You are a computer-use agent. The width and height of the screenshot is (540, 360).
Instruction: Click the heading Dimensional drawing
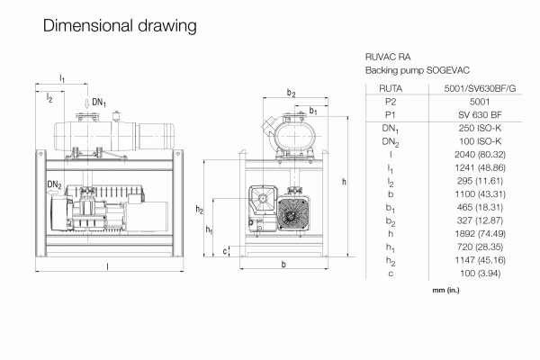(x=120, y=26)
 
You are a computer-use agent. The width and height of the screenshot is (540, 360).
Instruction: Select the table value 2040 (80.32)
(x=480, y=154)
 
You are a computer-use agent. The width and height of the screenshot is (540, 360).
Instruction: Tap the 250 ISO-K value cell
(x=480, y=128)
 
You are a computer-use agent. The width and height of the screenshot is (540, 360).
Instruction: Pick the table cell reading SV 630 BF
(x=480, y=114)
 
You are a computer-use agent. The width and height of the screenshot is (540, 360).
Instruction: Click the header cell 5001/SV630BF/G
(x=480, y=88)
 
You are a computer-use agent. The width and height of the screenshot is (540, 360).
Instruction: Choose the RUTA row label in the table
(x=391, y=88)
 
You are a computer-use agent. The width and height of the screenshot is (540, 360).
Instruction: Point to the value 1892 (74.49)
(x=480, y=234)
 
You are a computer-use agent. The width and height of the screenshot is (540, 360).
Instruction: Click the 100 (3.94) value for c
(x=480, y=274)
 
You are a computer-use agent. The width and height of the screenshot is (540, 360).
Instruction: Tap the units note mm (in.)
(x=445, y=290)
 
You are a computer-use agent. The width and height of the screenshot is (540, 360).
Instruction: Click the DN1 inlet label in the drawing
(x=99, y=103)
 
